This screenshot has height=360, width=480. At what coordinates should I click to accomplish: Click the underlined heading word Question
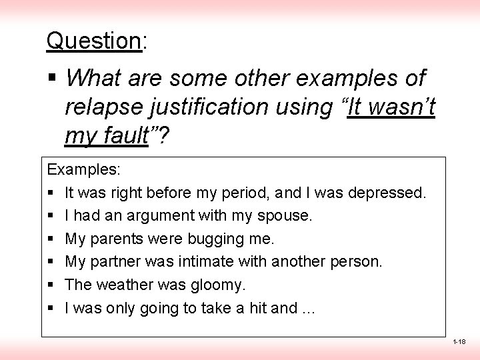(93, 41)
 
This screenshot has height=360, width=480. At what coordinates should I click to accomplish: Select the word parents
(115, 239)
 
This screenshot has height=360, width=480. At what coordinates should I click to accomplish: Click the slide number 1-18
(459, 342)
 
